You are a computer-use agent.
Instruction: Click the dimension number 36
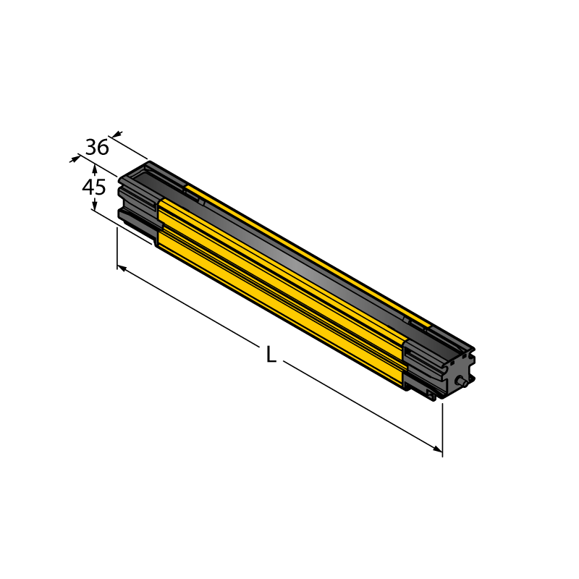pyautogui.click(x=97, y=147)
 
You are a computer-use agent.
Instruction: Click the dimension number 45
pyautogui.click(x=94, y=187)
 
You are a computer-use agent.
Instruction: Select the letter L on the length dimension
pyautogui.click(x=271, y=355)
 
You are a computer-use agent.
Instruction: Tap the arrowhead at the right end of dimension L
pyautogui.click(x=438, y=449)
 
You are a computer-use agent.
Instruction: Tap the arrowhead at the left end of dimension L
pyautogui.click(x=122, y=268)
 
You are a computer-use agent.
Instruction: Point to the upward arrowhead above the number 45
pyautogui.click(x=95, y=169)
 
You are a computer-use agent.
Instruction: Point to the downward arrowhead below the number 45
pyautogui.click(x=95, y=204)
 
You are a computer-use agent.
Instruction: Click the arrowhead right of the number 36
pyautogui.click(x=117, y=134)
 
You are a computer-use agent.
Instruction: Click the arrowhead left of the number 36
pyautogui.click(x=75, y=159)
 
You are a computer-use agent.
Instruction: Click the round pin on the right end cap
pyautogui.click(x=461, y=382)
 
